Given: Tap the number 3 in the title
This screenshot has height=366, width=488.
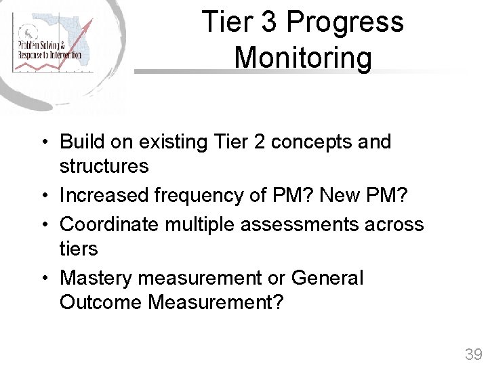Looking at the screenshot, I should click(x=269, y=22).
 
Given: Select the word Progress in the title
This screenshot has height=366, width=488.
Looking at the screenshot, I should click(x=345, y=23).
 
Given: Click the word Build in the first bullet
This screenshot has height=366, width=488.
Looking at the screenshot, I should click(x=79, y=142).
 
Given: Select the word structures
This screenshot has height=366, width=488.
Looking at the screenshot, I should click(x=104, y=166).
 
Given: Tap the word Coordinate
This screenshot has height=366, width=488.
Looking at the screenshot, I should click(x=106, y=224).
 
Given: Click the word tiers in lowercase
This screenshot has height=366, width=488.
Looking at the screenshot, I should click(x=79, y=249).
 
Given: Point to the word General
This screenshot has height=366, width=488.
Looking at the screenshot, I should click(x=327, y=278).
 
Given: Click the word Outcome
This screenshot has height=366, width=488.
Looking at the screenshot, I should click(x=101, y=302).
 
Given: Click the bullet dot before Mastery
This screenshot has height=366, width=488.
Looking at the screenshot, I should click(x=43, y=278).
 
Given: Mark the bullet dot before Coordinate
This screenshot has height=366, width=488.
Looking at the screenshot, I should click(x=43, y=224).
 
